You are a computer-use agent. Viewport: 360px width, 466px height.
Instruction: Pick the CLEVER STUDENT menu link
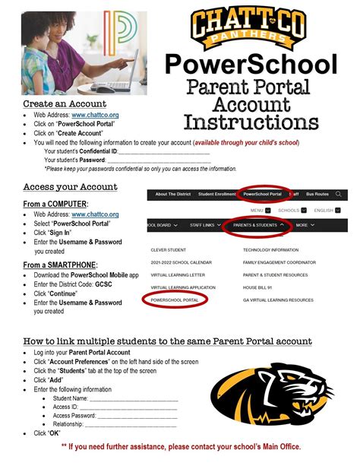coord(169,249)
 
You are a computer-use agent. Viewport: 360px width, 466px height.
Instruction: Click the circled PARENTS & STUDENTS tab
coord(259,225)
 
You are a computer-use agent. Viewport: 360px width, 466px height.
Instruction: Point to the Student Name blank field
coord(132,398)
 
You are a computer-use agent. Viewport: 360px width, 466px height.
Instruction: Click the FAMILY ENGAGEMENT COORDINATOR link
coord(279,262)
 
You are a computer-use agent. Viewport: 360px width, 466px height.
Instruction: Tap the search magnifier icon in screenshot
coord(339,194)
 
